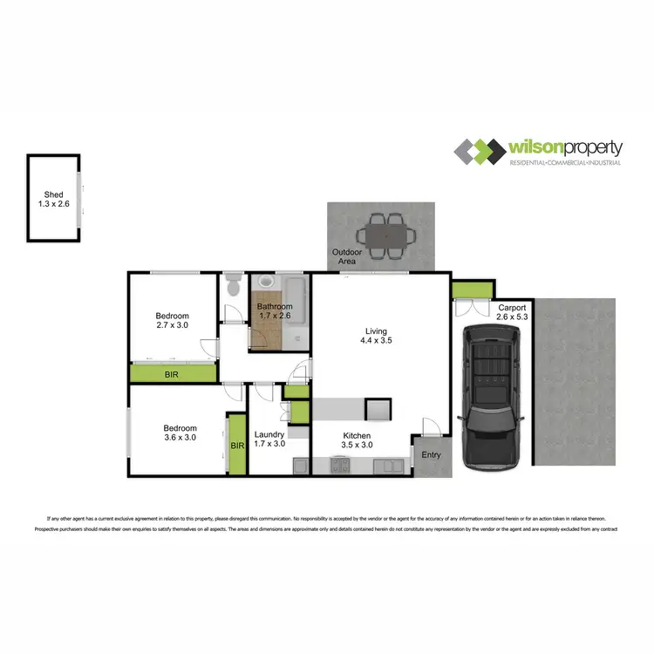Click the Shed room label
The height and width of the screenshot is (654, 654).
point(53,199)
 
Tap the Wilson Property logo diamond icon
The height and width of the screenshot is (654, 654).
point(479,152)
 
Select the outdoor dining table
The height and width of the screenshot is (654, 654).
point(383,235)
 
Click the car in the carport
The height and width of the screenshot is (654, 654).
point(494,397)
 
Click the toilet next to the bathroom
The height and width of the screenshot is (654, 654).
point(231,287)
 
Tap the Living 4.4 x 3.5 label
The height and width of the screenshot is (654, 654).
point(377,336)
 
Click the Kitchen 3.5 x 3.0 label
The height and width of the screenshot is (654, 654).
point(357,440)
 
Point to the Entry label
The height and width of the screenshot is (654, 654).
point(431,455)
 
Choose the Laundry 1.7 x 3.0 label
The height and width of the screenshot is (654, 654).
point(270,439)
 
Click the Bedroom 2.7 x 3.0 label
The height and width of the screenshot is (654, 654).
point(172,320)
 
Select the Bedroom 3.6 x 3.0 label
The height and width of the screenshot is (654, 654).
point(180,433)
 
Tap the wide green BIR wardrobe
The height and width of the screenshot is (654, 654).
point(174,374)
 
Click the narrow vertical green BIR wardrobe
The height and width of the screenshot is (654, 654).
point(237,445)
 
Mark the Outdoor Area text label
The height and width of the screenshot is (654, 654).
point(348,256)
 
